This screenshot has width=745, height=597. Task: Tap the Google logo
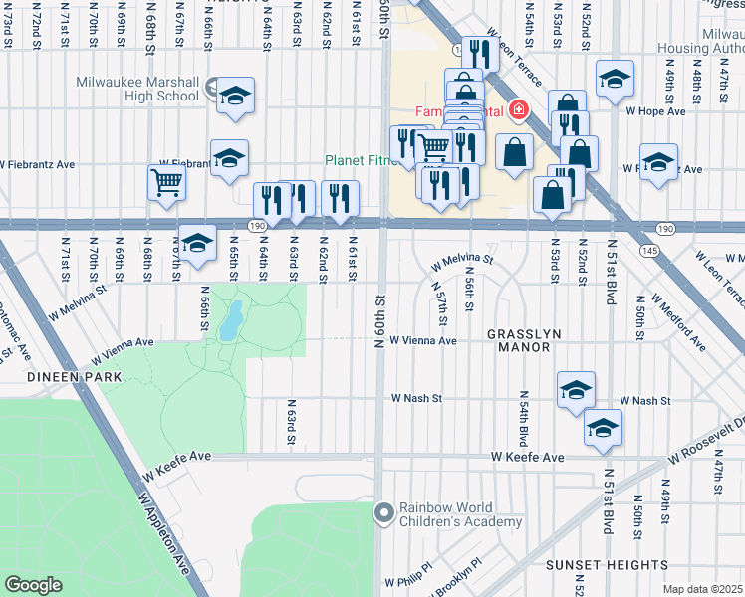click(x=33, y=585)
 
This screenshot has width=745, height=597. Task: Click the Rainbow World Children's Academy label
click(x=460, y=514)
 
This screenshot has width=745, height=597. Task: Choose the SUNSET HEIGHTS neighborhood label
click(x=601, y=564)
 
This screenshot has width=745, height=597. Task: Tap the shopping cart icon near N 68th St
click(x=166, y=181)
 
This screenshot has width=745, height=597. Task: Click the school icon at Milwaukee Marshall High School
click(x=236, y=96)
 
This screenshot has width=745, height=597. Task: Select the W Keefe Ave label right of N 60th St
click(x=528, y=457)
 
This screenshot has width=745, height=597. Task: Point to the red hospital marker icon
click(x=518, y=109)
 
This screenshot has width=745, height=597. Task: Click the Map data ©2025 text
click(x=703, y=589)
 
